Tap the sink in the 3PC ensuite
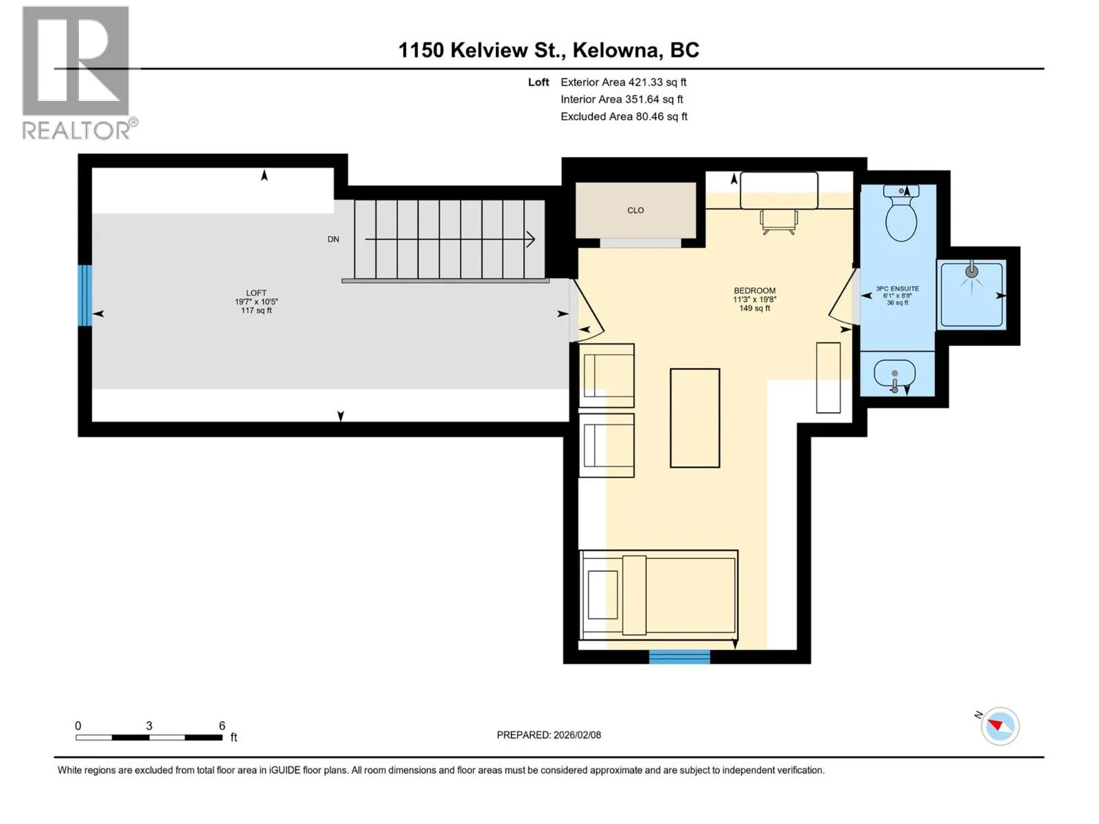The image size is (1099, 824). pyautogui.click(x=894, y=374)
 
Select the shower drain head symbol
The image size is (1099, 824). pyautogui.click(x=971, y=272)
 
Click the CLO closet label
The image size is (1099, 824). pyautogui.click(x=635, y=210)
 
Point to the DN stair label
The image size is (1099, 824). pyautogui.click(x=333, y=239)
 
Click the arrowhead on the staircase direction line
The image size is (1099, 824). pyautogui.click(x=530, y=239)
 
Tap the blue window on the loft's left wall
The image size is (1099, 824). pyautogui.click(x=84, y=295)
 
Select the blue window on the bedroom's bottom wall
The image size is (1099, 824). pyautogui.click(x=679, y=656)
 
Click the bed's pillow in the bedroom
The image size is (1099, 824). pyautogui.click(x=634, y=595)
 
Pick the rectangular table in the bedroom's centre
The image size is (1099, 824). pyautogui.click(x=695, y=418)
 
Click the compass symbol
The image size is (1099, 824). pyautogui.click(x=999, y=726)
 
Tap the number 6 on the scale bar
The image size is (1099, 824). pyautogui.click(x=222, y=725)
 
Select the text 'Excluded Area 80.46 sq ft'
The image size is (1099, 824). pyautogui.click(x=624, y=117)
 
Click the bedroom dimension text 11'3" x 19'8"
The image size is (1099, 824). pyautogui.click(x=754, y=299)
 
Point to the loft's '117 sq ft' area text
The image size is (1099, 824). pyautogui.click(x=256, y=310)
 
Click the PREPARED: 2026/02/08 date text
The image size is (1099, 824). pyautogui.click(x=549, y=735)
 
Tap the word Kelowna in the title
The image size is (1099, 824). pyautogui.click(x=616, y=50)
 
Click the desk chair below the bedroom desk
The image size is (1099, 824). pyautogui.click(x=778, y=222)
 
